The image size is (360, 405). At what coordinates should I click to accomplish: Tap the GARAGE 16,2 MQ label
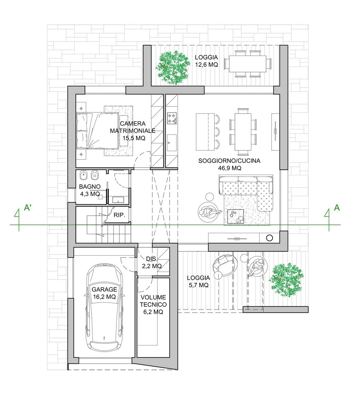[x=104, y=293]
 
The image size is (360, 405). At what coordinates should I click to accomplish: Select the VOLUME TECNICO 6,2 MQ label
[x=153, y=304]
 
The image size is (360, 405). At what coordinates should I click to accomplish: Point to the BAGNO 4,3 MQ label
[x=90, y=190]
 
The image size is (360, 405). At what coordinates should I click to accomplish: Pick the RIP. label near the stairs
[x=119, y=215]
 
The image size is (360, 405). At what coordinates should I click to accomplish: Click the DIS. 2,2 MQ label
[x=152, y=262]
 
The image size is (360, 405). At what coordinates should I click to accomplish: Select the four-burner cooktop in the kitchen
[x=172, y=118]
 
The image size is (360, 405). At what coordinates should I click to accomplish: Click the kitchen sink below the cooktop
[x=172, y=143]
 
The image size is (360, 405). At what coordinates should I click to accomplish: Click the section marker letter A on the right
[x=337, y=208]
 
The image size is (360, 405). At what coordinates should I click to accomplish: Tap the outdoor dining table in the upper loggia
[x=248, y=64]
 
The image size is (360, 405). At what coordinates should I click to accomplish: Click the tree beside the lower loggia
[x=286, y=280]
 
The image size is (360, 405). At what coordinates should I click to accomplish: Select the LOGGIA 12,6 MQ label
[x=207, y=61]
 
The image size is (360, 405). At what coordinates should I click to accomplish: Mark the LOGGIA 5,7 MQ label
[x=198, y=282]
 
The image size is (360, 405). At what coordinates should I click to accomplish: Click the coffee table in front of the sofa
[x=236, y=216]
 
